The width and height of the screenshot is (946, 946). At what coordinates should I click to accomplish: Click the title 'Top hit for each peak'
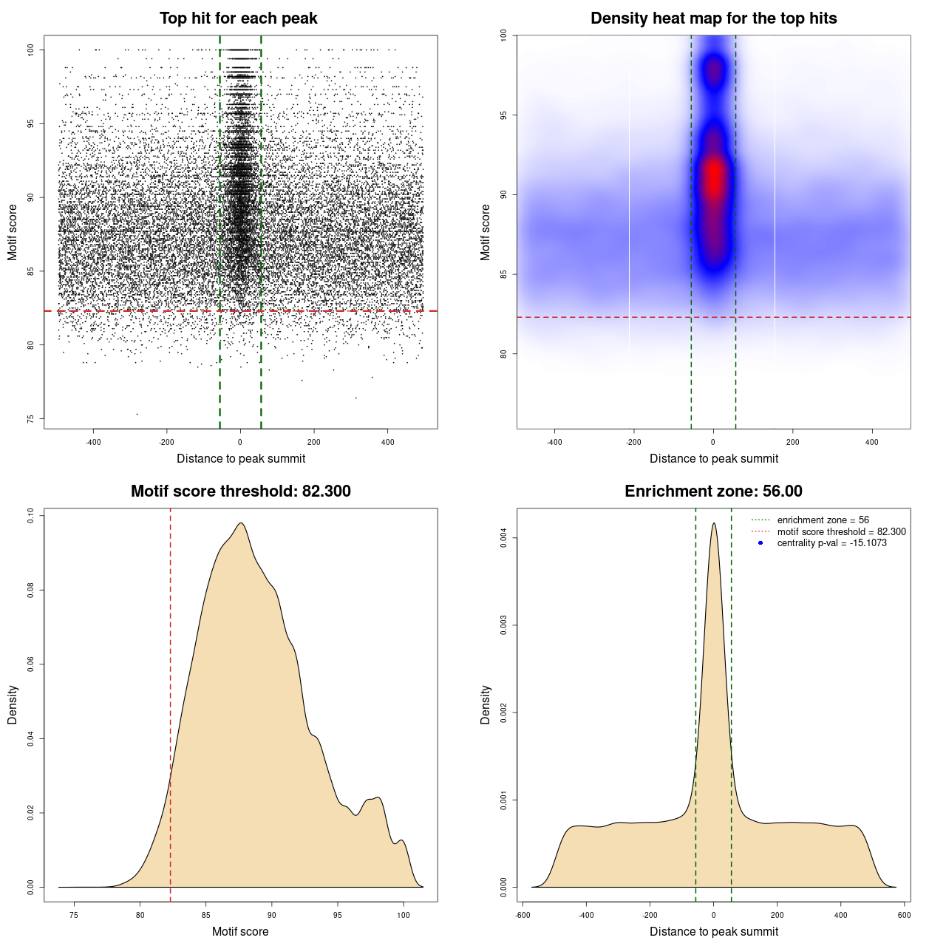point(238,18)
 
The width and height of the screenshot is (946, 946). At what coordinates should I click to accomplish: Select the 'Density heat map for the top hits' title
point(713,18)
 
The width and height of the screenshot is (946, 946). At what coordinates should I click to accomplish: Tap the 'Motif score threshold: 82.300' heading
point(240,491)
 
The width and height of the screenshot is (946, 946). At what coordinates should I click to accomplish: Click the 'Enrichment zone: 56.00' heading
point(713,491)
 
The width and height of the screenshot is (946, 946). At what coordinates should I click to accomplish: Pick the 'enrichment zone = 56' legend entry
point(823,520)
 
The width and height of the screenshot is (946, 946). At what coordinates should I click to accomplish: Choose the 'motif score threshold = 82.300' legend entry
point(841,531)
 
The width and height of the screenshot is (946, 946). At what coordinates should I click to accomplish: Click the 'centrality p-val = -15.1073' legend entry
point(831,543)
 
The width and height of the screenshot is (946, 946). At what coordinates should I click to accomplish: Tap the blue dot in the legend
point(760,543)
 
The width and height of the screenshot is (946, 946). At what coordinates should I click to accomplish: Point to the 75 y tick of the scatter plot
point(30,419)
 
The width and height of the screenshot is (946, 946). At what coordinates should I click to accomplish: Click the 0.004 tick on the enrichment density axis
point(503,538)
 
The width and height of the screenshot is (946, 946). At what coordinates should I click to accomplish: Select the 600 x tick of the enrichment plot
point(904,915)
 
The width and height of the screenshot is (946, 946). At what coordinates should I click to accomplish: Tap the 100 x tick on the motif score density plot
point(403,915)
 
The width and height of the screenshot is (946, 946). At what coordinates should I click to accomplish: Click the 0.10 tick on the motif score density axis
point(30,515)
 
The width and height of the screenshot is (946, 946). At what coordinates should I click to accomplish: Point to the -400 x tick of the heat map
point(554,442)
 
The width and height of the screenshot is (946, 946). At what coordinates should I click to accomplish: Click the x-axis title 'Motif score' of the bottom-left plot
point(240,931)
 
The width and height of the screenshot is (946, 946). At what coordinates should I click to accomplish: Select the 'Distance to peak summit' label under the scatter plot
point(241,458)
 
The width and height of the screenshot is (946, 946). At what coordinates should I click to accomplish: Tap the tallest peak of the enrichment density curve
point(713,524)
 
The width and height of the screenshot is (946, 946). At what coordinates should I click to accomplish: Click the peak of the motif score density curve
point(241,524)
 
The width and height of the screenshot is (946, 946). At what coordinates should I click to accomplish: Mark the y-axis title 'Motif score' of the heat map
point(485,232)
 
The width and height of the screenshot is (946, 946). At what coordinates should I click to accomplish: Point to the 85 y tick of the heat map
point(503,274)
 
